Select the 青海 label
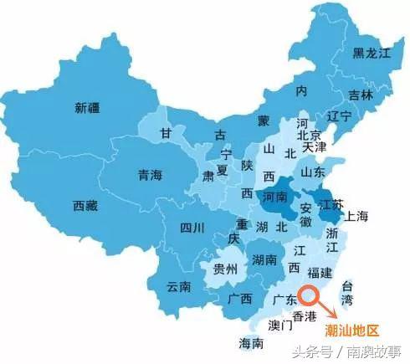pos(153,176)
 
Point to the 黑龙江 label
pos(371,53)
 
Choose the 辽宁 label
pos(340,116)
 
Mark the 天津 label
pos(315,147)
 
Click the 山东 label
pos(313,172)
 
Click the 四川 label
pos(192,227)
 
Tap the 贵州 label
pos(225,269)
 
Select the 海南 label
pos(251,343)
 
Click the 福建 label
pos(321,272)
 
